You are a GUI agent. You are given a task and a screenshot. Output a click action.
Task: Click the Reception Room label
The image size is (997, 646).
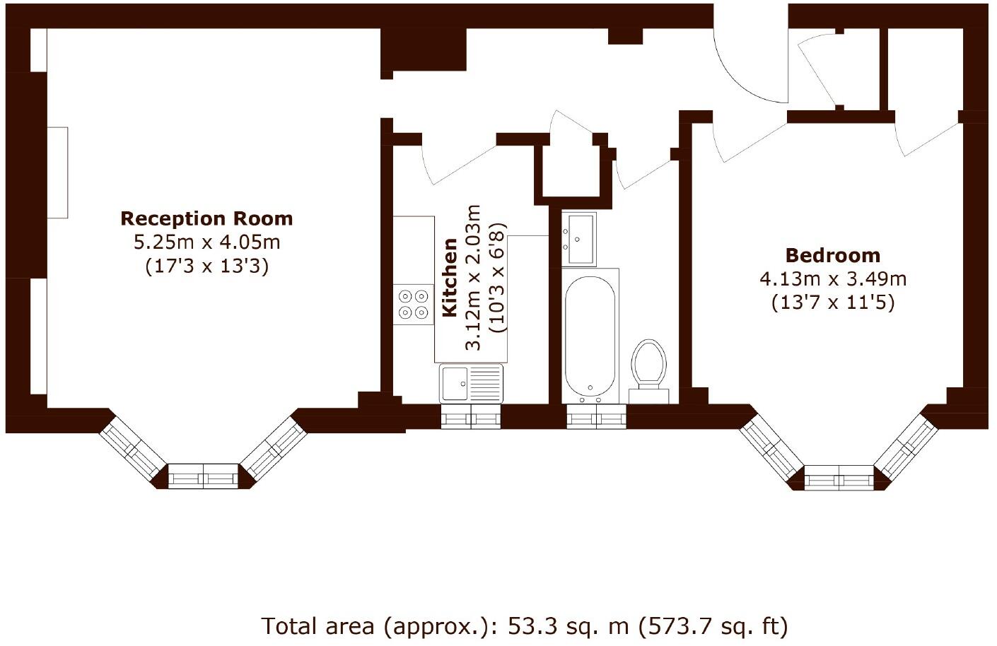point(206,218)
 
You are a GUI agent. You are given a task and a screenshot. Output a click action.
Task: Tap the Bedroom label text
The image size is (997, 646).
point(832,255)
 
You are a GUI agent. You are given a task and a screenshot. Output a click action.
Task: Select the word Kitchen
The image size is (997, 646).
point(450,278)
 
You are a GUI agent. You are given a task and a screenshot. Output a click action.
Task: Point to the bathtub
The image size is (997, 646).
point(590,336)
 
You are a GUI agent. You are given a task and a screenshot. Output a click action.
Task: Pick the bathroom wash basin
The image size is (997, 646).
point(578,238)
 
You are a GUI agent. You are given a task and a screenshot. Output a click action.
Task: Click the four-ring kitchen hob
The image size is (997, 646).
point(413,304)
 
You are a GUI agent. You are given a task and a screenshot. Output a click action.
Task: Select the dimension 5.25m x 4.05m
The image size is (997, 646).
point(206,242)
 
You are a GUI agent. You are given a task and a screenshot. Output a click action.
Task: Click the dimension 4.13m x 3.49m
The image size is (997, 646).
point(832,278)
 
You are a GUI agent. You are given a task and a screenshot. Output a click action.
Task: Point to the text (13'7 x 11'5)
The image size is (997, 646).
point(832,303)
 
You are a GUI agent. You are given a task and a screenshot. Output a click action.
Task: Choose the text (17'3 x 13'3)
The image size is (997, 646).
point(206,266)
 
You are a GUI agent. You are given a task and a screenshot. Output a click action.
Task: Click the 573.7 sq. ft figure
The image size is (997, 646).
point(714,626)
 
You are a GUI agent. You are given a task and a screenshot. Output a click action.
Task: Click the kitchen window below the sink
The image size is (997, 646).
point(470,418)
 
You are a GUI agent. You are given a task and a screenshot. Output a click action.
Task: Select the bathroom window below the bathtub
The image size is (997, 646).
point(596,418)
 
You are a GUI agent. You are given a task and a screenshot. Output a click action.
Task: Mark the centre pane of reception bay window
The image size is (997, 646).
point(204,477)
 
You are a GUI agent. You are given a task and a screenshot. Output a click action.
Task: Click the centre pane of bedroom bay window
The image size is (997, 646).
point(839,478)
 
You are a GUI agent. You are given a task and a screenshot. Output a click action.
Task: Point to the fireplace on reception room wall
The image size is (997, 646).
point(58,172)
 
